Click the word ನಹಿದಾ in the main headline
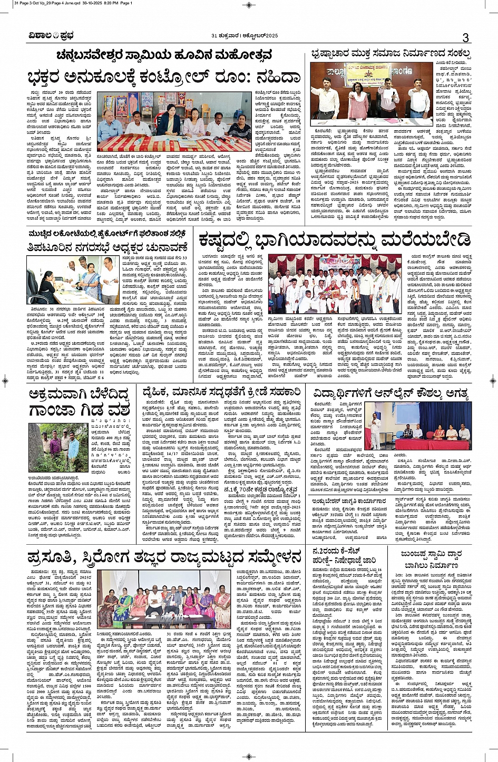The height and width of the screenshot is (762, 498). pos(271,78)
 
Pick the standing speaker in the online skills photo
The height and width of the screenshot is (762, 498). pos(377,427)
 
